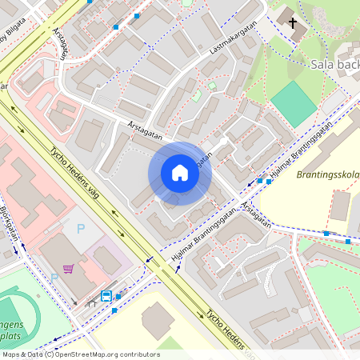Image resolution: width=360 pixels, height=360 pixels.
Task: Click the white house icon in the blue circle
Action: coord(179,173)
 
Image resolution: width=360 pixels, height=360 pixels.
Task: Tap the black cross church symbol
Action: coord(293,23)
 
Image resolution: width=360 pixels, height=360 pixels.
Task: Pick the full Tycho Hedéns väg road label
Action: coord(82,177)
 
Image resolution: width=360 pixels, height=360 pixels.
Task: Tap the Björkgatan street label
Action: coord(10,223)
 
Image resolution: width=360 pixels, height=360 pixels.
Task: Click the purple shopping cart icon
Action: coord(69,268)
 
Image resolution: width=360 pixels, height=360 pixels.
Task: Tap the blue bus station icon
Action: coord(106,296)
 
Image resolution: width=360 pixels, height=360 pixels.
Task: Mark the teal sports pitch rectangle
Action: coord(293,103)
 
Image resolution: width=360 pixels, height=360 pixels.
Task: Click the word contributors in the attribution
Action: coord(137,354)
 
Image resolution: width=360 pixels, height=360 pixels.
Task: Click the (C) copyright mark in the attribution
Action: coord(50,354)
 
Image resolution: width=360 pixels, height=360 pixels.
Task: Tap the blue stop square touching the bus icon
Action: coord(118,296)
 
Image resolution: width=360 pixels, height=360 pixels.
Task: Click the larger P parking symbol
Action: coord(80,229)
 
